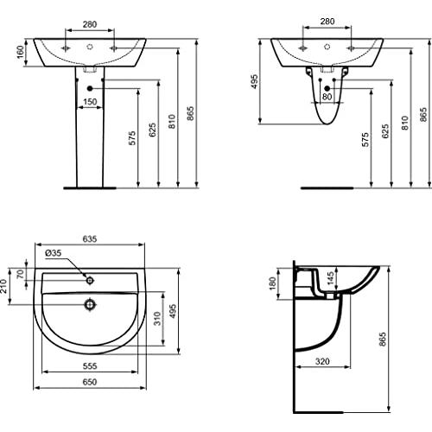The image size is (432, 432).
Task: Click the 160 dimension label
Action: click(x=20, y=52)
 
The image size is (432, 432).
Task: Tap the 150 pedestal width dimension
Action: click(x=90, y=102)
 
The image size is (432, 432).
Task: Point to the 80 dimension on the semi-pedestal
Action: click(x=327, y=97)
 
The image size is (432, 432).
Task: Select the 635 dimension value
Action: click(x=90, y=238)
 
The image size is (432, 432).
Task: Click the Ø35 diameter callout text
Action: click(x=54, y=253)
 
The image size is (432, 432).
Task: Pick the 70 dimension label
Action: click(x=20, y=274)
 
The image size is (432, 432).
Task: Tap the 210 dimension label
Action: click(x=3, y=286)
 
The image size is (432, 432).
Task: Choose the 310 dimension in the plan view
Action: click(x=157, y=318)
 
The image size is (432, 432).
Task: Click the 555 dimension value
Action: click(x=90, y=366)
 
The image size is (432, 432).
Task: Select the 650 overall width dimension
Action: click(x=90, y=382)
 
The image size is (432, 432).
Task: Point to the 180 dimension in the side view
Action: click(x=272, y=283)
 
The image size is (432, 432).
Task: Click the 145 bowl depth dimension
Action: click(x=330, y=278)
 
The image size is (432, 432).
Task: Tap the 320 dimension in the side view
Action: click(x=322, y=361)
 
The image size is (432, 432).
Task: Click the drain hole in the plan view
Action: click(x=90, y=304)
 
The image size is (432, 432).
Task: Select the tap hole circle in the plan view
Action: click(x=90, y=280)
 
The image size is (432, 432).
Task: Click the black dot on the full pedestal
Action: click(x=90, y=88)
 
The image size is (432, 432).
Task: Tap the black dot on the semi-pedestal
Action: click(x=327, y=88)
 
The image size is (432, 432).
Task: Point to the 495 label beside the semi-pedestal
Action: click(x=254, y=81)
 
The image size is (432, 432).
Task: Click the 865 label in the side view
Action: click(x=382, y=340)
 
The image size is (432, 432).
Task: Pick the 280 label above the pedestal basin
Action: click(x=90, y=24)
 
